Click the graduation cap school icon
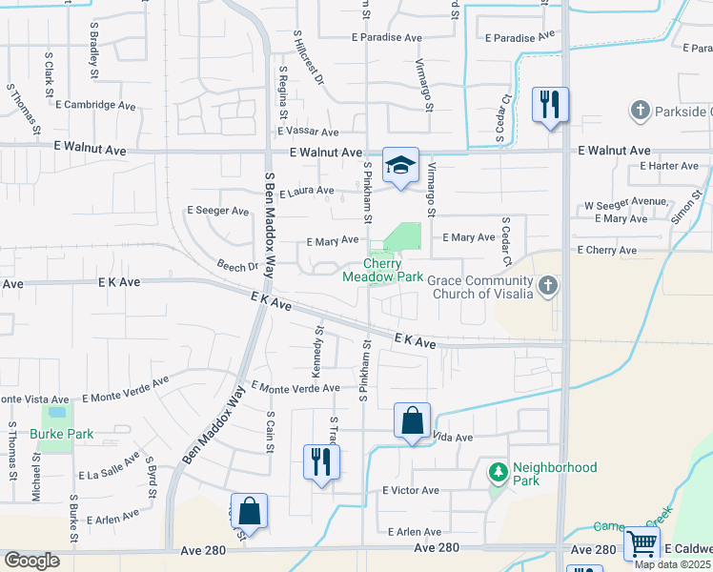[401, 165]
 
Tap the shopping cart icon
[642, 544]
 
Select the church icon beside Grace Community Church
[547, 285]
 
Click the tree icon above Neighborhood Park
[498, 472]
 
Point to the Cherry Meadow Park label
[383, 270]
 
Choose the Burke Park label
[62, 434]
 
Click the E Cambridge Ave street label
[98, 105]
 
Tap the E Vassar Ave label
[308, 133]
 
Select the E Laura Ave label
[306, 192]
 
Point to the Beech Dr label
[237, 267]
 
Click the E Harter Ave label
[669, 166]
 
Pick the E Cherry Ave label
[606, 250]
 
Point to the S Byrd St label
[151, 472]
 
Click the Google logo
[32, 561]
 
